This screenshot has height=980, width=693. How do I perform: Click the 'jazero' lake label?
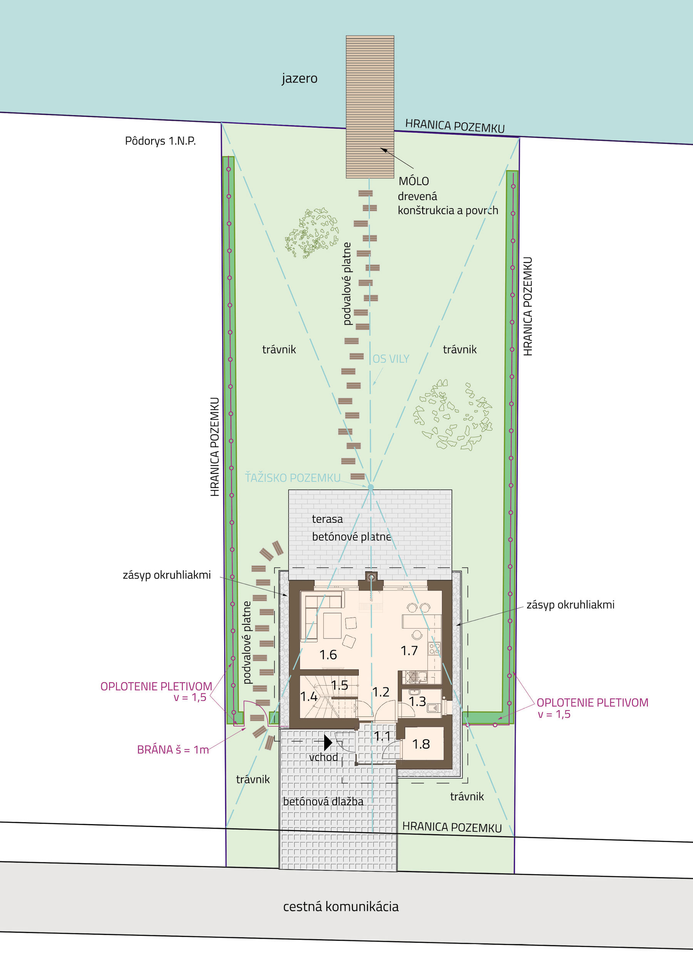tap(299, 79)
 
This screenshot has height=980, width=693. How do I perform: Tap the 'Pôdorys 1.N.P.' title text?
tap(160, 141)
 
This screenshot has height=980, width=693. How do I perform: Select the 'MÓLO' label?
tap(414, 181)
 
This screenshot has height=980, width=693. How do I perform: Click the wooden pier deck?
tap(370, 107)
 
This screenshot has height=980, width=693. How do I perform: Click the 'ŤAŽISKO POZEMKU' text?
tap(293, 477)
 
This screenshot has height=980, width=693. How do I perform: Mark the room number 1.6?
tap(328, 655)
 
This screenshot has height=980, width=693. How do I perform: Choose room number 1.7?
tap(409, 651)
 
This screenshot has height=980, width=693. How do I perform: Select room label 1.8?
tap(421, 744)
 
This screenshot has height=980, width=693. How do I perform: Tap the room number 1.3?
tap(417, 701)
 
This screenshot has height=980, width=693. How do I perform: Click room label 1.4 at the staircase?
tap(309, 697)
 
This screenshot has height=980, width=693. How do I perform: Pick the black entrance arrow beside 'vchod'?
tap(328, 742)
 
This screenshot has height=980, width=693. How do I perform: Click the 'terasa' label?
tap(327, 519)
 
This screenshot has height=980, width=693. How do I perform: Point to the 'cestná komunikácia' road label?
tap(341, 906)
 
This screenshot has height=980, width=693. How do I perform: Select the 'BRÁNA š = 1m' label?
tap(173, 749)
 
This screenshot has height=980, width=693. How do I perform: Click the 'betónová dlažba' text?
tap(323, 801)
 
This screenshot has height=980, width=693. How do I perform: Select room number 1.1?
tap(383, 736)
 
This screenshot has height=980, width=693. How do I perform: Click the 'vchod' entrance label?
tap(324, 757)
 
